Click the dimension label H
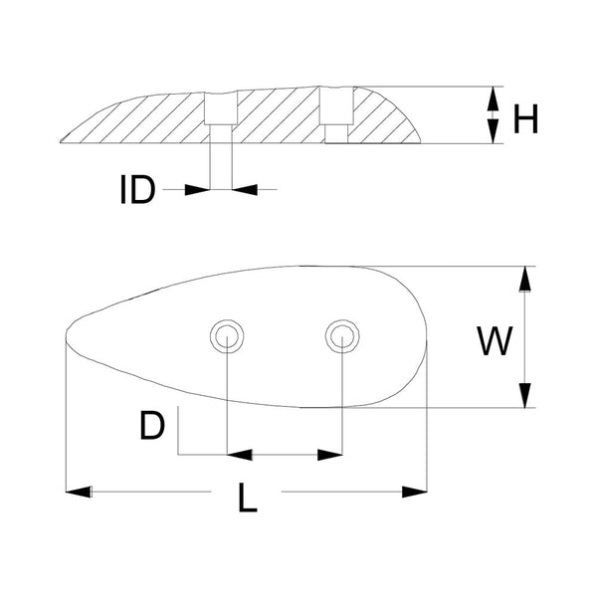pos(525,119)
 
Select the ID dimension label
pos(137,189)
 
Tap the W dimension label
pos(495,341)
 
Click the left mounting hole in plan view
pos(226,336)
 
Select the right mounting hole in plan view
pos(341,336)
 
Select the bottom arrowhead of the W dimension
pos(524,396)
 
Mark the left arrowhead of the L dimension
pos(79,491)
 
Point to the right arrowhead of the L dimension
pos(414,491)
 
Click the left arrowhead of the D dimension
pos(239,455)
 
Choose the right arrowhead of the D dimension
pos(330,455)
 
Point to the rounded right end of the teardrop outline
pos(427,338)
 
